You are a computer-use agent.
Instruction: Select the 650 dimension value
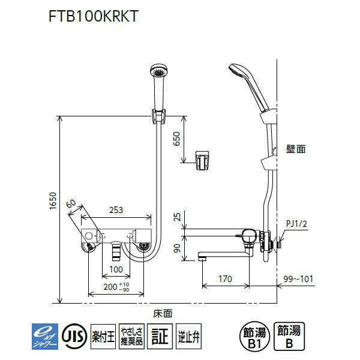click(176, 139)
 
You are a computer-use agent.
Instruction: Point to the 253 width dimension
click(116, 210)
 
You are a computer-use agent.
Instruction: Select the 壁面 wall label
click(296, 149)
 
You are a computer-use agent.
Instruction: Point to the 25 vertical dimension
click(176, 217)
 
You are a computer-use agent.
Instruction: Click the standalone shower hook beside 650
click(203, 159)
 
